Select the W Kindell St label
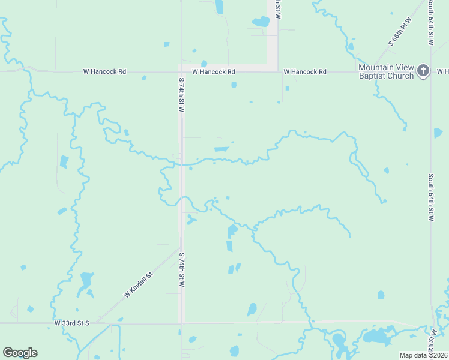pos(139,284)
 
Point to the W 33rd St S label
pos(71,323)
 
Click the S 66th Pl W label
pos(401,32)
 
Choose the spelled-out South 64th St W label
pos(430,197)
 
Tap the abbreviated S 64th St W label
pos(430,22)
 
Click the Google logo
pos(20,353)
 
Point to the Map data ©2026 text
pos(423,355)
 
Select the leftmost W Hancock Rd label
pos(104,72)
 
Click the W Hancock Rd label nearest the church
pos(305,72)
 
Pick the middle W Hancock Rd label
pos(214,72)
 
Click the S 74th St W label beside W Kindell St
pos(181,269)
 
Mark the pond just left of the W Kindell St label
pos(85,281)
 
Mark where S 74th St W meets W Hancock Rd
pos(181,71)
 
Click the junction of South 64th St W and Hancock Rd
pos(431,71)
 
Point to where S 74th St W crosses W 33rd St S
pos(182,323)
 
